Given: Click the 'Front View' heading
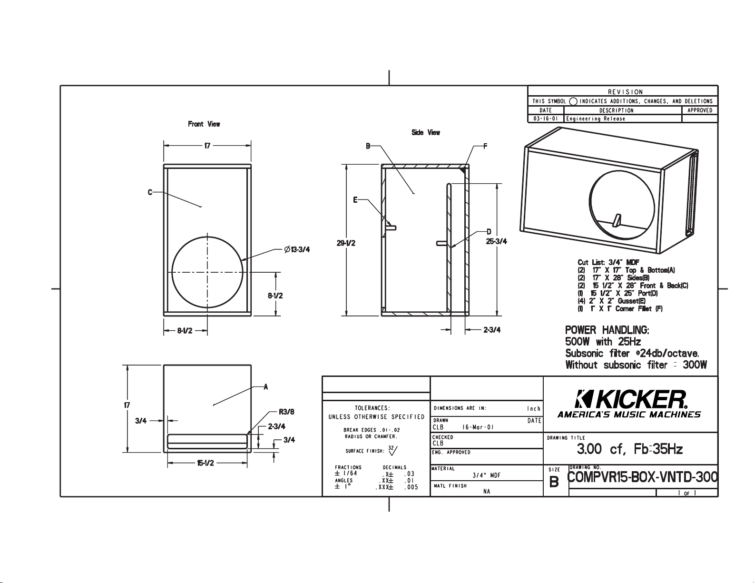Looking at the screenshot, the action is coord(204,124).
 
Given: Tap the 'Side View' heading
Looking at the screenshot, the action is coord(426,132).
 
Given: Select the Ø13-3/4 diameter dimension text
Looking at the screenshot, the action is coord(297,249).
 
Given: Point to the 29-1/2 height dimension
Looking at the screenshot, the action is coord(346,243).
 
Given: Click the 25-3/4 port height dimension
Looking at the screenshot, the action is coord(496,241).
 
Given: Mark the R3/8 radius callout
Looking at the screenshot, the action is coord(286,412).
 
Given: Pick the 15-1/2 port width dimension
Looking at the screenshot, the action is coord(206,463).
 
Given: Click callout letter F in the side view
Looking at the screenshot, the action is coord(485,147).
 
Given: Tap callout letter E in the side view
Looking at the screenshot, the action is coord(355,200).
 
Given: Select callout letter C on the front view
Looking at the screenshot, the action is coord(150,192).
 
